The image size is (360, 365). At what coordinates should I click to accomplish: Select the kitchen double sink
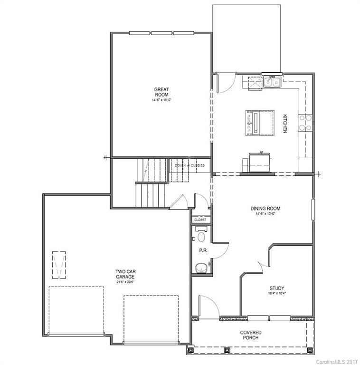pos(272,82)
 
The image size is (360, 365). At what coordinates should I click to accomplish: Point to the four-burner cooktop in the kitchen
pos(305,123)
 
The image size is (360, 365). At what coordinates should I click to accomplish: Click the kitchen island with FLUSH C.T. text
pos(260,123)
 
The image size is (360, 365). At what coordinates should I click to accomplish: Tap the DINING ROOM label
pos(265,208)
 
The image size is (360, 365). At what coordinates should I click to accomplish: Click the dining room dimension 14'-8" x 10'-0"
pos(265,214)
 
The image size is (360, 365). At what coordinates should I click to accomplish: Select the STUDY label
pos(277,288)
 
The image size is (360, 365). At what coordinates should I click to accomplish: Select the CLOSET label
pos(200,220)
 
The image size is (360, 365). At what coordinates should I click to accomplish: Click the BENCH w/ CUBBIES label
pos(190,165)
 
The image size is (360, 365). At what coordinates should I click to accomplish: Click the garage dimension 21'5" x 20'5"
pos(125,282)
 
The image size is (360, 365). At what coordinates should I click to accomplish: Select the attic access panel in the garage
pos(59,264)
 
